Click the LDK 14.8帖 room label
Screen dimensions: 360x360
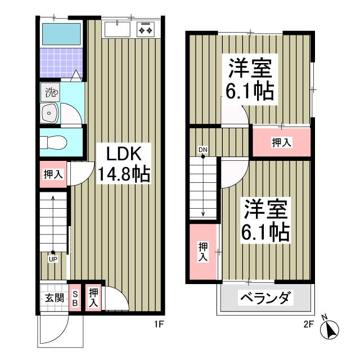point(124,163)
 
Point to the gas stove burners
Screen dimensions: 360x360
point(146,29)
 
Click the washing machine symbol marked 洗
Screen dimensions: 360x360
point(51,92)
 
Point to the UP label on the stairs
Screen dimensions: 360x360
point(52,259)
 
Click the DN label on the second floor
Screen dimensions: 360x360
point(202,150)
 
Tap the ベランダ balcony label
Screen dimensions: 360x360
point(266,298)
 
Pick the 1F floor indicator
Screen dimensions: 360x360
point(159,324)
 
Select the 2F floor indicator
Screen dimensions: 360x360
point(308,324)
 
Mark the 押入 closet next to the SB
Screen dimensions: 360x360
point(94,296)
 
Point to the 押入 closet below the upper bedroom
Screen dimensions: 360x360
point(281,143)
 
